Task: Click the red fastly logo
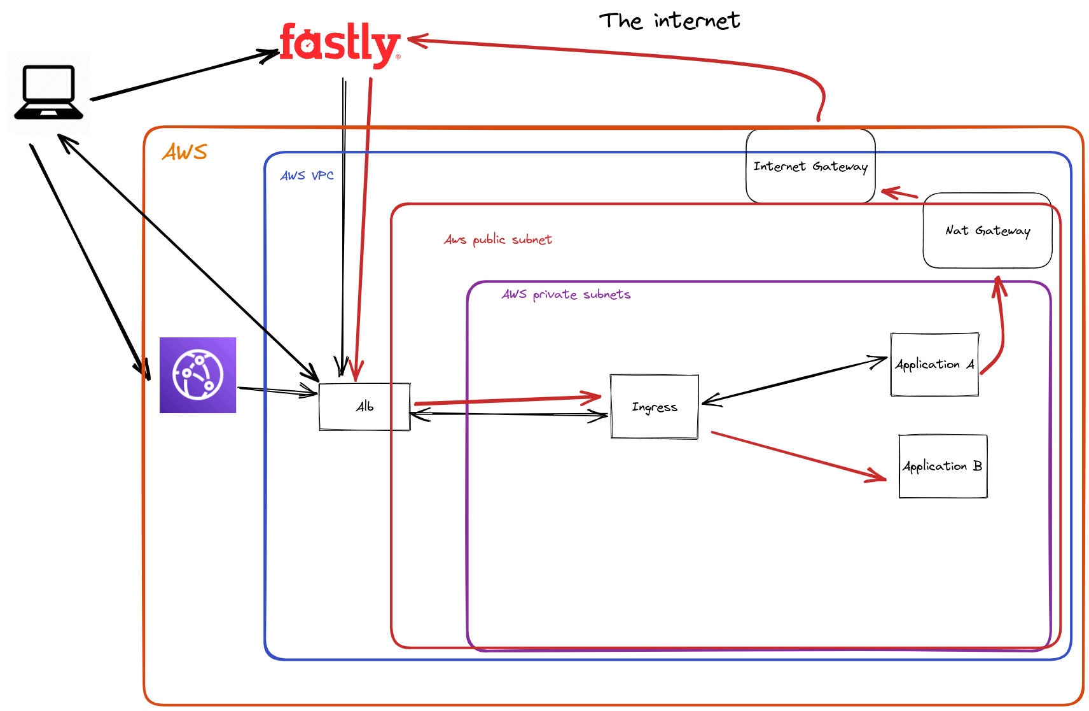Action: (x=340, y=43)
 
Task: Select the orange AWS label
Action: (x=184, y=152)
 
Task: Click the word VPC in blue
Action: (x=323, y=176)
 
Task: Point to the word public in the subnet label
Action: (x=489, y=240)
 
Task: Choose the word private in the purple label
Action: (x=555, y=295)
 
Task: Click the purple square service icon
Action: (x=198, y=375)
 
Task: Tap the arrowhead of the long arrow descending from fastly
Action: (x=356, y=376)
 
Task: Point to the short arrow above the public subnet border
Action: (x=898, y=193)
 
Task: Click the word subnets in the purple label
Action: (x=607, y=295)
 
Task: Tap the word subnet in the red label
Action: (x=532, y=240)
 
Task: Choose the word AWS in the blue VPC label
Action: (x=293, y=176)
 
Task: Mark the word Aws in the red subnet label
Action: (x=455, y=240)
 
